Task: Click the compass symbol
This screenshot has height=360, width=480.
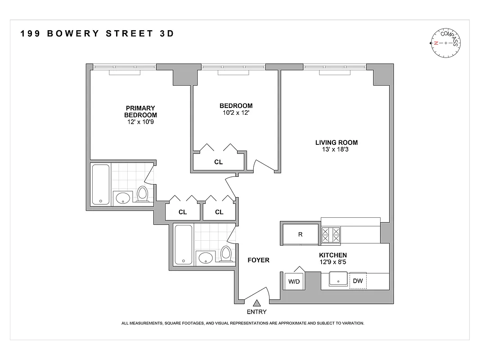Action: (x=445, y=43)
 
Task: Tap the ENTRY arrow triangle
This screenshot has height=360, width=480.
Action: (x=256, y=304)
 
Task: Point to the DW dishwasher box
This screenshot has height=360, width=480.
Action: (x=358, y=280)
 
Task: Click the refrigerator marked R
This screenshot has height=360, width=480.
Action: (x=300, y=234)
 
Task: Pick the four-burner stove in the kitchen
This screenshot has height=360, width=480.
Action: (x=331, y=234)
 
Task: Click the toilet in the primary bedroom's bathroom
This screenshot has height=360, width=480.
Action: (x=143, y=194)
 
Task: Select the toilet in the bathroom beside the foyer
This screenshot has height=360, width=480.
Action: (x=226, y=254)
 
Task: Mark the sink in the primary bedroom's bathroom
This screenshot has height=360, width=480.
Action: (x=122, y=197)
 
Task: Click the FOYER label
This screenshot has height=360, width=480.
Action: (x=258, y=260)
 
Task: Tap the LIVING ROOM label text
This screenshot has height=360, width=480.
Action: (x=336, y=143)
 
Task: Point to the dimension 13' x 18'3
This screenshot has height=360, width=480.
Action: (x=336, y=150)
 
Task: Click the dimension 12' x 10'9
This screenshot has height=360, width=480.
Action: (x=140, y=122)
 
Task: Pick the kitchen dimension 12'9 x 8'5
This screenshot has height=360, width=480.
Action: (x=333, y=262)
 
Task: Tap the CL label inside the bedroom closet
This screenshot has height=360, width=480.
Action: (x=218, y=162)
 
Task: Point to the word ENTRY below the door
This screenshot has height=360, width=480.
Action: (x=256, y=312)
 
